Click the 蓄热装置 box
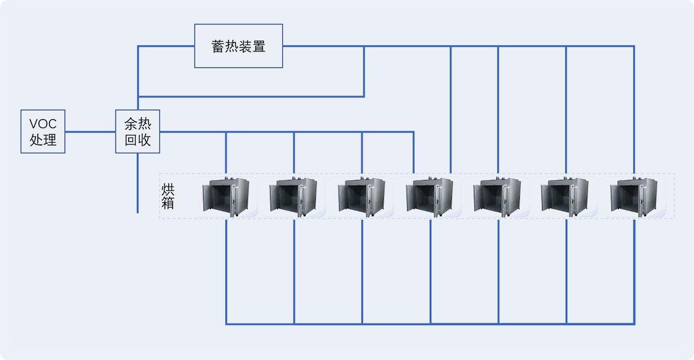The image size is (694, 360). pyautogui.click(x=238, y=46)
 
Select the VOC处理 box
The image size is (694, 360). pyautogui.click(x=43, y=131)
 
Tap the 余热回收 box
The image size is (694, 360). pyautogui.click(x=138, y=131)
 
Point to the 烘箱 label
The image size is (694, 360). pyautogui.click(x=168, y=196)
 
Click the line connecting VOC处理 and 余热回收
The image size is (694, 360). pyautogui.click(x=90, y=131)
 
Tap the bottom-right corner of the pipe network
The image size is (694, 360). pyautogui.click(x=634, y=324)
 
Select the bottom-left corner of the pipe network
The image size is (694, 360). pyautogui.click(x=226, y=324)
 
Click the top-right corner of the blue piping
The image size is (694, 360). pyautogui.click(x=634, y=46)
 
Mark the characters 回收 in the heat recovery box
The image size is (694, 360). pyautogui.click(x=138, y=140)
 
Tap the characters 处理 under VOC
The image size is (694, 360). pyautogui.click(x=43, y=139)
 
